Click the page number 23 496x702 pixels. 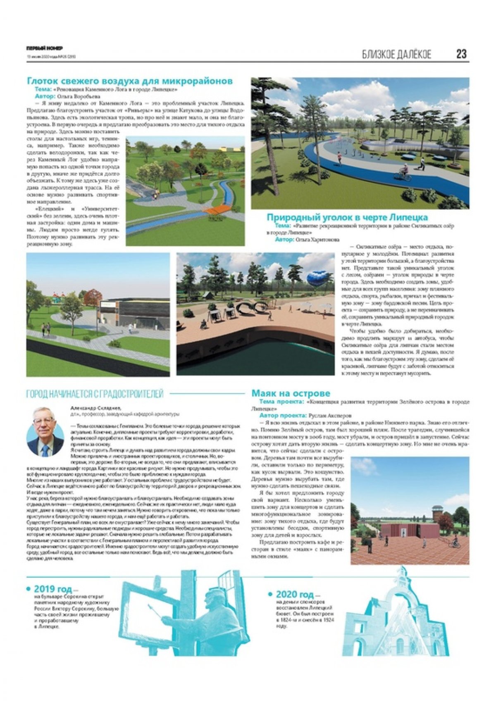click(x=461, y=54)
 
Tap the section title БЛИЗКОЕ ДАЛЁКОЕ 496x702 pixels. click(x=396, y=54)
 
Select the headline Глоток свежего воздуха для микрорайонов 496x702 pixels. click(x=129, y=81)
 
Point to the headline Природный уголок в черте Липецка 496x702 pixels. click(x=347, y=217)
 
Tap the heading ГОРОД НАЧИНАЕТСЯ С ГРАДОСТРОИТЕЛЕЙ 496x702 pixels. click(x=95, y=393)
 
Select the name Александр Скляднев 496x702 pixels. click(x=93, y=407)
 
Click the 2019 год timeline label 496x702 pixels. click(x=52, y=589)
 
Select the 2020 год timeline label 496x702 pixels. click(x=295, y=594)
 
